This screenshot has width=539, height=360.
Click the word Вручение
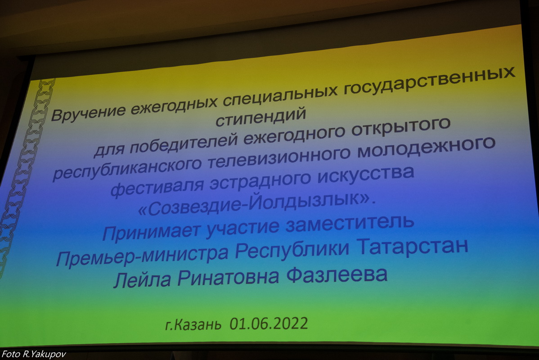pyautogui.click(x=88, y=112)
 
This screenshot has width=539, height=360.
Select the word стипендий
pyautogui.click(x=261, y=117)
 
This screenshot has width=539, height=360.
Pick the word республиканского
pyautogui.click(x=127, y=168)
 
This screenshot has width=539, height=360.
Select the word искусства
pyautogui.click(x=366, y=175)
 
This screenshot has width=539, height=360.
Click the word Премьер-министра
pyautogui.click(x=142, y=255)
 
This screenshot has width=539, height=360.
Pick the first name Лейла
pyautogui.click(x=143, y=279)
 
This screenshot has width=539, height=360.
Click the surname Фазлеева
pyautogui.click(x=337, y=274)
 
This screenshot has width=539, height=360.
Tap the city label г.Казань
pyautogui.click(x=193, y=324)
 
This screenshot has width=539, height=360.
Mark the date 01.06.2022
pyautogui.click(x=269, y=323)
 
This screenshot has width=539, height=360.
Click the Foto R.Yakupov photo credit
pyautogui.click(x=34, y=354)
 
